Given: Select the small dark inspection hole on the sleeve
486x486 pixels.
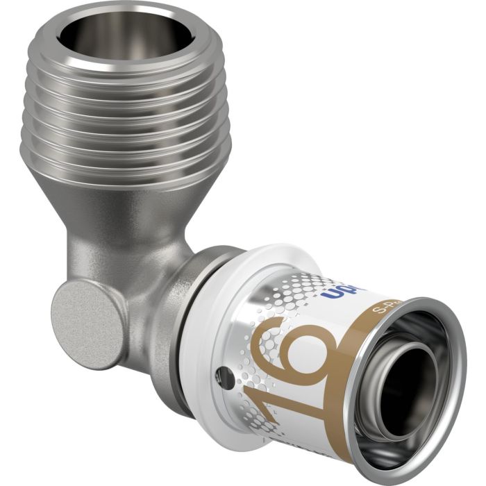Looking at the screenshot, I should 223,379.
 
